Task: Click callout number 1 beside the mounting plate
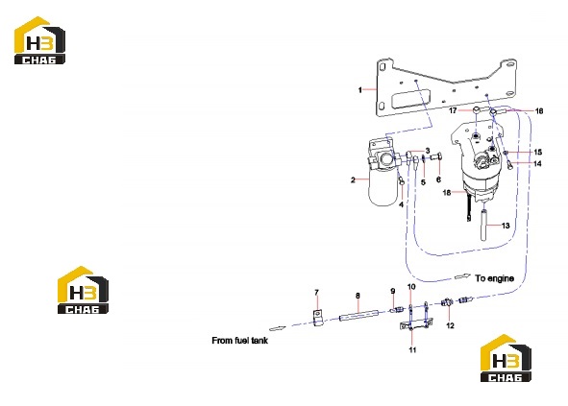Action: pos(359,89)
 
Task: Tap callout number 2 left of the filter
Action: pos(353,179)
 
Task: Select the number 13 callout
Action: pos(506,226)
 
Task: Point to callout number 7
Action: pos(316,293)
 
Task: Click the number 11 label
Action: pos(412,350)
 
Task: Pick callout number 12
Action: pos(450,325)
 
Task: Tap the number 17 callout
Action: pos(453,110)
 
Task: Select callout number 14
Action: pos(537,163)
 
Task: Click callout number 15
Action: pos(537,152)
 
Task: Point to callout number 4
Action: pos(401,204)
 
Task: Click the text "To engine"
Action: pos(494,278)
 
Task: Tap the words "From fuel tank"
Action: pos(240,341)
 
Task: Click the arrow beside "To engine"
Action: pos(462,276)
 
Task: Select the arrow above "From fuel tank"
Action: pos(278,328)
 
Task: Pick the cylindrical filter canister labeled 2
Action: pos(383,190)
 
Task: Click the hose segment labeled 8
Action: pos(358,315)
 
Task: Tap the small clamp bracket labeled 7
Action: pos(318,318)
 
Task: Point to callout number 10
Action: pos(411,287)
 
